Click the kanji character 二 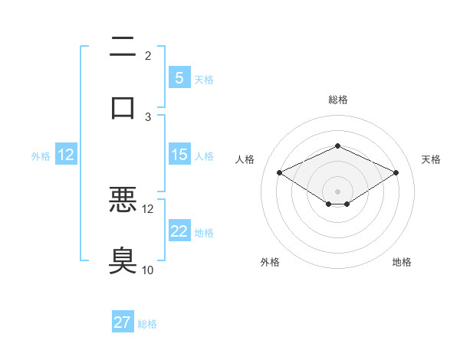[123, 47]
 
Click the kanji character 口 [123, 107]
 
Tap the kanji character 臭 [123, 260]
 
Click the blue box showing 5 [179, 77]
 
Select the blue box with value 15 [179, 155]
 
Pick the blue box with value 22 [179, 231]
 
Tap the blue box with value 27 [123, 322]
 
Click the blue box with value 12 [66, 155]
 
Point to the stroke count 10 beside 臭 [148, 270]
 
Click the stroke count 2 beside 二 [148, 56]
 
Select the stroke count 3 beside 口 [148, 117]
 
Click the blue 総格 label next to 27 [147, 324]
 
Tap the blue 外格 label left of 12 [41, 156]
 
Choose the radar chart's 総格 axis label [337, 100]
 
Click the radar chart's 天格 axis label [431, 159]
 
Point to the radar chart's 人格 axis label [245, 159]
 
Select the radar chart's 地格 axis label [402, 262]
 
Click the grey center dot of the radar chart [337, 191]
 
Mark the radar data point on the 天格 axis [396, 172]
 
